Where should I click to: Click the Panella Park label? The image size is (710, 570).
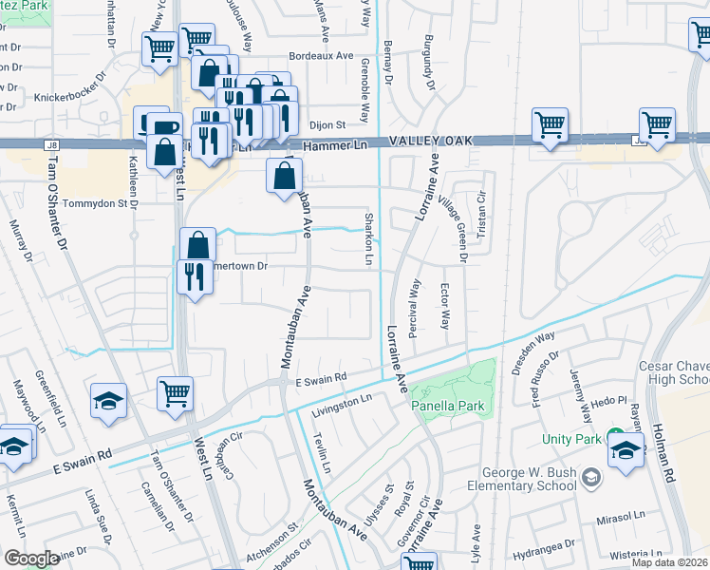click(x=448, y=406)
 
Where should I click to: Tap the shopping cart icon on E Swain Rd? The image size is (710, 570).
click(x=175, y=393)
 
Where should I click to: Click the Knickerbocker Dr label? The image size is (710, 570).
click(x=75, y=97)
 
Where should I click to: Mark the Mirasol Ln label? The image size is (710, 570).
click(x=619, y=521)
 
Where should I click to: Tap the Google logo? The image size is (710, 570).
click(x=31, y=559)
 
